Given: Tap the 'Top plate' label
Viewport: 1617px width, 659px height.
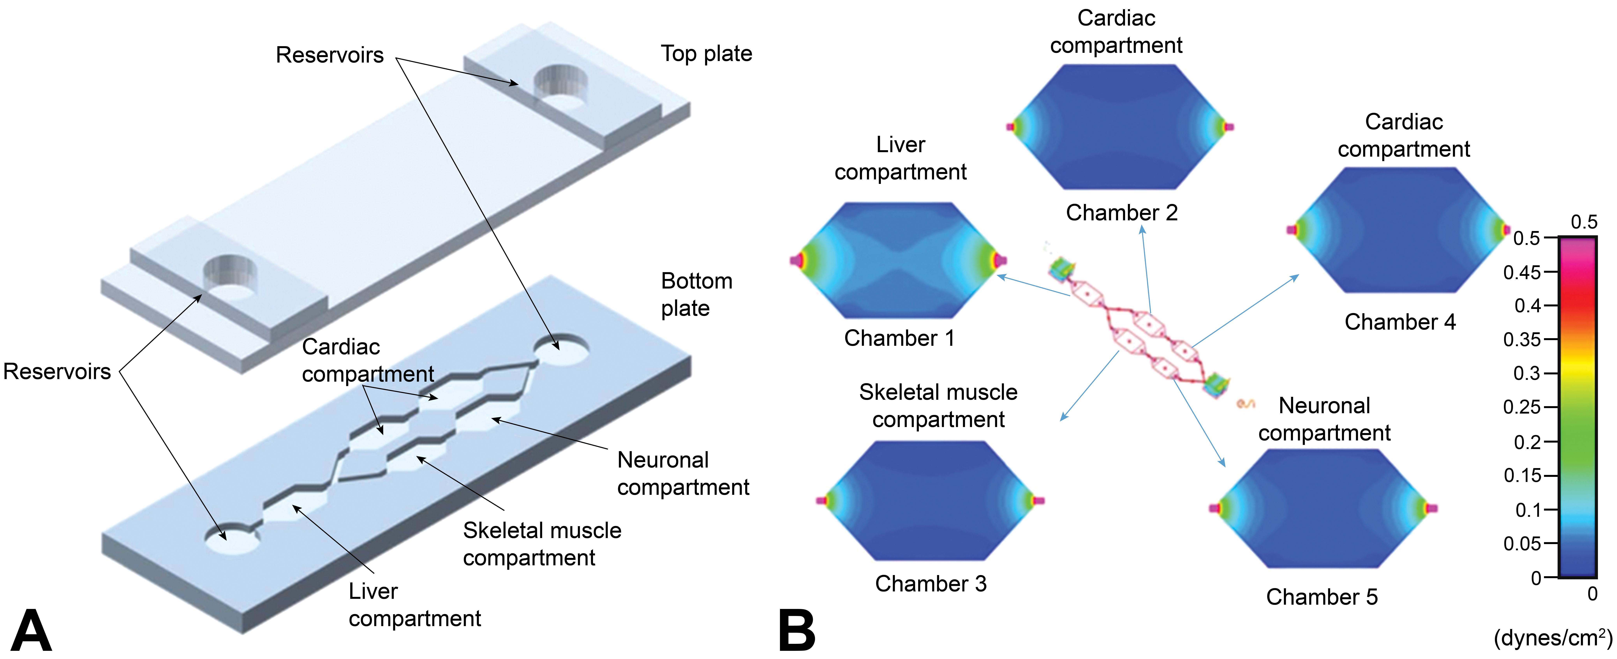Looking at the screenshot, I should tap(706, 54).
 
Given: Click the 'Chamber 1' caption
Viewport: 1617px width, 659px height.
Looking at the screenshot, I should tap(899, 338).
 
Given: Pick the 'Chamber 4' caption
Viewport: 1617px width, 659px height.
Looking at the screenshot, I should tap(1400, 322).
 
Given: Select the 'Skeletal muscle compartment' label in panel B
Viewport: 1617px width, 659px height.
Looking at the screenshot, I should tap(938, 405).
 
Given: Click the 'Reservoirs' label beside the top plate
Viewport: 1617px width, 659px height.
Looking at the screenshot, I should tap(330, 55).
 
